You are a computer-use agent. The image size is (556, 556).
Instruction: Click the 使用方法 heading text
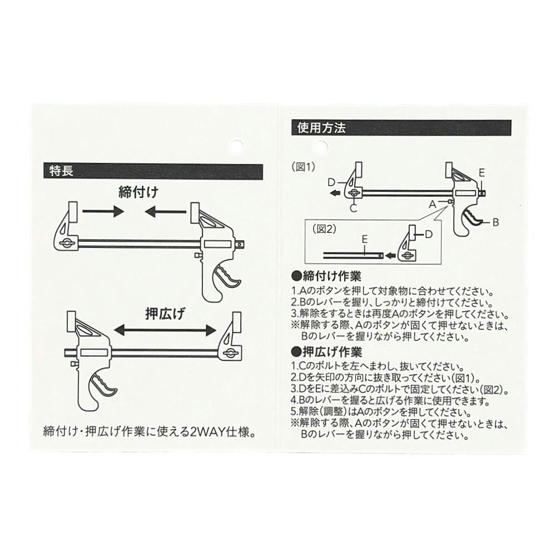[321, 128]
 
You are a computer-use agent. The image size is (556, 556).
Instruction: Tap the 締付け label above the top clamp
[138, 192]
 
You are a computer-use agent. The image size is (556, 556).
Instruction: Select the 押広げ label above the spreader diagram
[165, 314]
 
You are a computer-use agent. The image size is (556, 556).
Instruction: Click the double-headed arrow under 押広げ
[165, 330]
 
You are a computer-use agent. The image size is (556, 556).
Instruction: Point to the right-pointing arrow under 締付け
[103, 212]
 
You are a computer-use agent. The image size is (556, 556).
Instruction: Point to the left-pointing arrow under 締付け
[165, 212]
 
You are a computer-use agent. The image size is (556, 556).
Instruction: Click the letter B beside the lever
[496, 222]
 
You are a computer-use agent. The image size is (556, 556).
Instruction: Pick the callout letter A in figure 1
[432, 204]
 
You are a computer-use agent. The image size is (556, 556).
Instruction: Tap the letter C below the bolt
[353, 208]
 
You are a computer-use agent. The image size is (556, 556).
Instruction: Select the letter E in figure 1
[481, 173]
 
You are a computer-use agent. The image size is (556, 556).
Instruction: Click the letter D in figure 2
[429, 235]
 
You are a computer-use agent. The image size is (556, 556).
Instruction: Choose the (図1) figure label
[303, 167]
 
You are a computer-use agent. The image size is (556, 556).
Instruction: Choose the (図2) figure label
[324, 229]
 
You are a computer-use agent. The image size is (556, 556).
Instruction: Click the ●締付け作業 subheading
[326, 276]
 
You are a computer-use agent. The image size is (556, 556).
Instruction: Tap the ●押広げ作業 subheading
[326, 352]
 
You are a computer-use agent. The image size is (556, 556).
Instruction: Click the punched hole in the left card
[236, 147]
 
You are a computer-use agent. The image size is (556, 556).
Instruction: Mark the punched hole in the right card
[320, 147]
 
